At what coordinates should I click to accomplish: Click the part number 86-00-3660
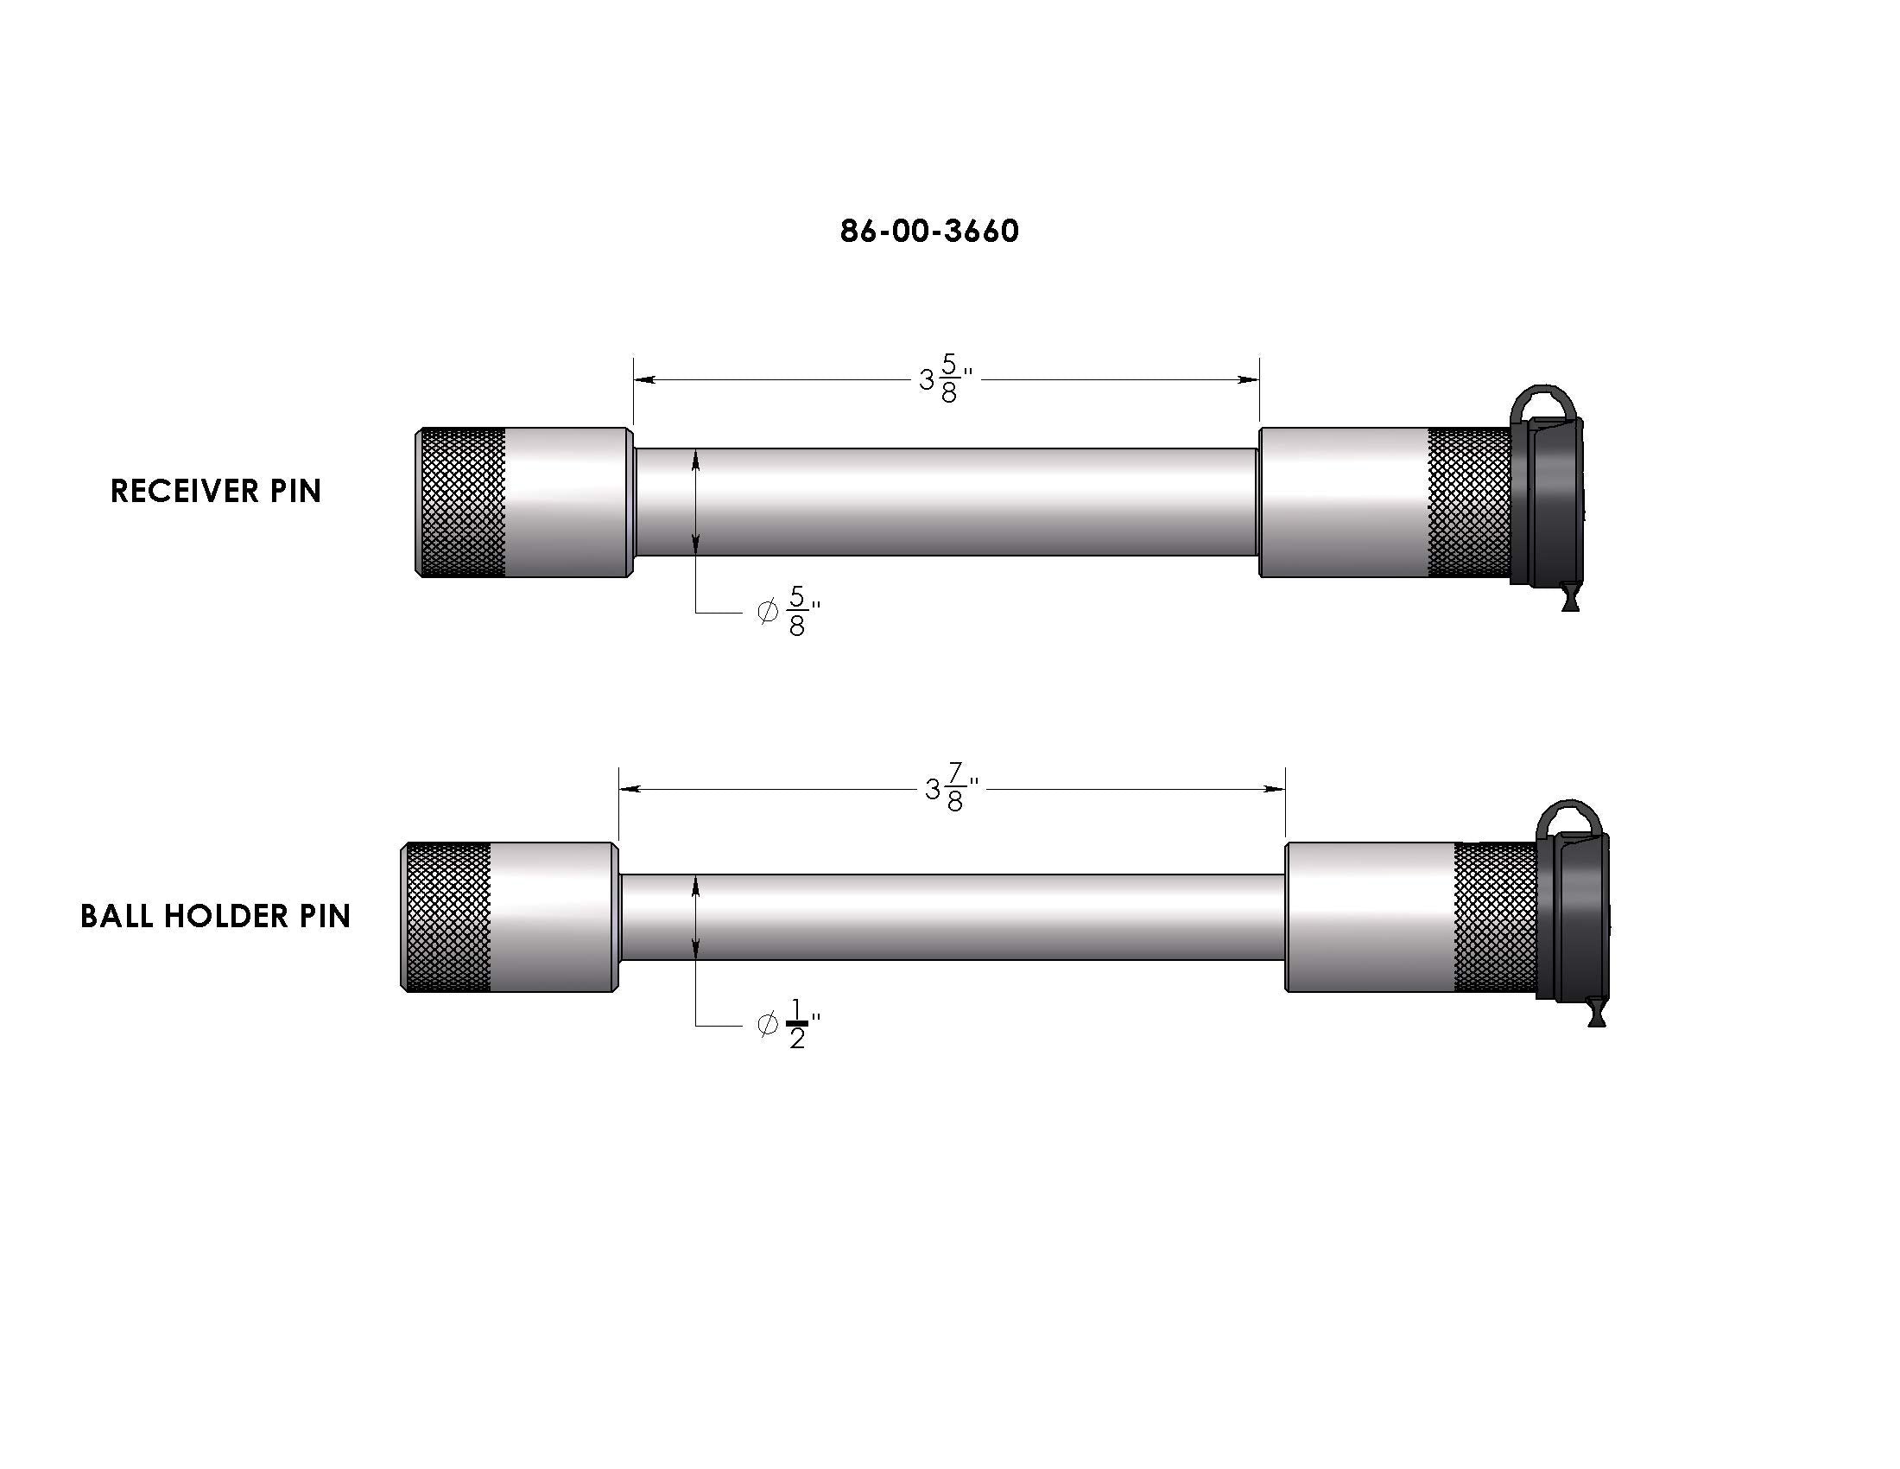pyautogui.click(x=929, y=231)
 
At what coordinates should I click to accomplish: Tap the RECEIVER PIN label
pyautogui.click(x=216, y=491)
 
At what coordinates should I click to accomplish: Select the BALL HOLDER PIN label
pyautogui.click(x=215, y=915)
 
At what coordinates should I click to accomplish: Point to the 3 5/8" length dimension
pyautogui.click(x=946, y=379)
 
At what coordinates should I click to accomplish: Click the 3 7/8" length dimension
pyautogui.click(x=952, y=788)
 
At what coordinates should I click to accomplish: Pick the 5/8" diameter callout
pyautogui.click(x=789, y=612)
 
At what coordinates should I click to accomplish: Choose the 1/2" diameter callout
pyautogui.click(x=789, y=1024)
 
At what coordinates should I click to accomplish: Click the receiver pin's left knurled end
pyautogui.click(x=461, y=502)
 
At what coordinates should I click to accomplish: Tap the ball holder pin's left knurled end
pyautogui.click(x=446, y=916)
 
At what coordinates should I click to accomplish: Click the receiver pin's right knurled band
pyautogui.click(x=1470, y=502)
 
